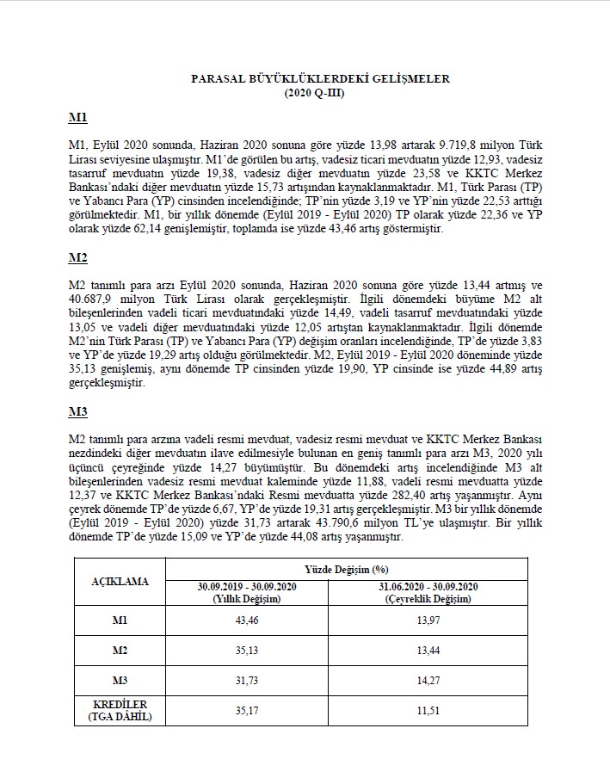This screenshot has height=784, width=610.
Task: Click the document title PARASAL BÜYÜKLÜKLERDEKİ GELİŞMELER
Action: tap(320, 78)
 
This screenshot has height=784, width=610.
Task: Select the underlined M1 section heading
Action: tap(77, 117)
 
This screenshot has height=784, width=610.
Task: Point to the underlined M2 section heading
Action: tap(77, 257)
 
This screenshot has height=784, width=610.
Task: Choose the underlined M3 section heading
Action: tap(77, 410)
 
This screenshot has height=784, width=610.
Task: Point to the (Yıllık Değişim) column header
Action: tap(247, 598)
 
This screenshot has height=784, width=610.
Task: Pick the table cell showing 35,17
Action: tap(247, 711)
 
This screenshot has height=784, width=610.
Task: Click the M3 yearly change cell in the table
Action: tap(247, 681)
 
